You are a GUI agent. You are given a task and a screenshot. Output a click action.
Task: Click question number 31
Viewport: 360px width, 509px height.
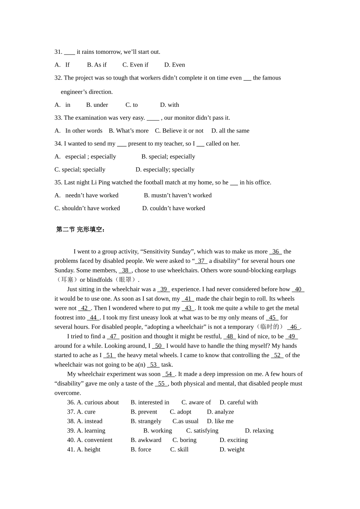click(58, 52)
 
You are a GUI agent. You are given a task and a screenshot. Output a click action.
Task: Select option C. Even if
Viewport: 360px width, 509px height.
click(135, 65)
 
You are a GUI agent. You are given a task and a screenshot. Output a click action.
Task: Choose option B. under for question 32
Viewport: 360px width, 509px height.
click(97, 105)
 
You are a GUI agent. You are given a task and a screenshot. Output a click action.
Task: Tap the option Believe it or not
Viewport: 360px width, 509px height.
click(179, 131)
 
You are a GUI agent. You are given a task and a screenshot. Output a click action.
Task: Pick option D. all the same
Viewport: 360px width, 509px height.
click(230, 131)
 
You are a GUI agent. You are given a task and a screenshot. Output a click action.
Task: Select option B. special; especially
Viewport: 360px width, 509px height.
click(168, 156)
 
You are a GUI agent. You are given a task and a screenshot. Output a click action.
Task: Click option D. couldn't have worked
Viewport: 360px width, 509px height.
click(174, 208)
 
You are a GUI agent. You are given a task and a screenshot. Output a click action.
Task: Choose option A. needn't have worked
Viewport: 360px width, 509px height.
click(86, 195)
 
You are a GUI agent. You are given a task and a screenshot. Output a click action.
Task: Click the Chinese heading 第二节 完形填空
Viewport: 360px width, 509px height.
click(81, 230)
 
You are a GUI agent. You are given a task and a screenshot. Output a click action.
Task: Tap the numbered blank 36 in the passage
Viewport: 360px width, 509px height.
click(275, 251)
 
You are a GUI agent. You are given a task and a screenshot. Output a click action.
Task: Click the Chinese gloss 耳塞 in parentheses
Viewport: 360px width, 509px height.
click(67, 280)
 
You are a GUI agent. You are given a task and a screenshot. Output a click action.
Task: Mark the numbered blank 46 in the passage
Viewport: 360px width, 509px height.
click(294, 327)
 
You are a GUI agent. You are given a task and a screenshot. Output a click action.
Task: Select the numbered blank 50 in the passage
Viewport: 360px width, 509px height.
click(158, 346)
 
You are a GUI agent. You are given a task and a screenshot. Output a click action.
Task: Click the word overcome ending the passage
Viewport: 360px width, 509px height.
click(67, 393)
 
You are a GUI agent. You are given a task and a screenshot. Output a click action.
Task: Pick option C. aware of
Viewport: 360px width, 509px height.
click(196, 403)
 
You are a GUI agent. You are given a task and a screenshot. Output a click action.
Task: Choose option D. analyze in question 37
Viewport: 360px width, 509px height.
click(220, 412)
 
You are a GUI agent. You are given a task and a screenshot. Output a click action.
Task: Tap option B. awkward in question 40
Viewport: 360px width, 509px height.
click(146, 440)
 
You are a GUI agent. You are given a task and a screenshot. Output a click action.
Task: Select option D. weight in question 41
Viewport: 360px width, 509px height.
click(232, 450)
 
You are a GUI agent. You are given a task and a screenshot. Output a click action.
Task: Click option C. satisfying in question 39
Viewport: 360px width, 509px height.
click(202, 431)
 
